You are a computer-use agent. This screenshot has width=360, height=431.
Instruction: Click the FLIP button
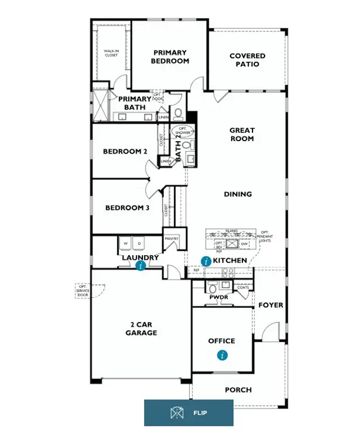188,413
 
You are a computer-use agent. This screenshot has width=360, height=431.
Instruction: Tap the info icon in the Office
223,355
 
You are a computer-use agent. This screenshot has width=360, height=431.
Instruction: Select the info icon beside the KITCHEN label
206,261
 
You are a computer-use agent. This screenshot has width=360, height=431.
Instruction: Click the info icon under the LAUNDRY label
141,266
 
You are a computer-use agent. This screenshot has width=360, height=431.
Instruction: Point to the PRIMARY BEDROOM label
170,57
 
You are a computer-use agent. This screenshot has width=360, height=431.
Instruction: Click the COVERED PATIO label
247,60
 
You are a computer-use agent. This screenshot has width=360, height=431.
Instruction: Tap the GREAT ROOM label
242,134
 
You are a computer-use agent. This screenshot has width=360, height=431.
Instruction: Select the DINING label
238,194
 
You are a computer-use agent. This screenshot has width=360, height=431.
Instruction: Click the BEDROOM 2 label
125,152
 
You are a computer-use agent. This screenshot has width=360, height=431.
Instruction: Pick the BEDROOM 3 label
128,208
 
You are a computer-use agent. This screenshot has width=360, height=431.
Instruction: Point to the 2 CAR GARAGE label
141,329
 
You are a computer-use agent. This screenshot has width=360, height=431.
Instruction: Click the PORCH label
238,390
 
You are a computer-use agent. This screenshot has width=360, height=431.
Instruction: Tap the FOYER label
270,305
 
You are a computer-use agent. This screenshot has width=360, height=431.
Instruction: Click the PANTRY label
172,239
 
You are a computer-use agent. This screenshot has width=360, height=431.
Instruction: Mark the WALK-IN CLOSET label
111,53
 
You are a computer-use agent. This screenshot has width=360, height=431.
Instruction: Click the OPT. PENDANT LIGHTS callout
265,237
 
